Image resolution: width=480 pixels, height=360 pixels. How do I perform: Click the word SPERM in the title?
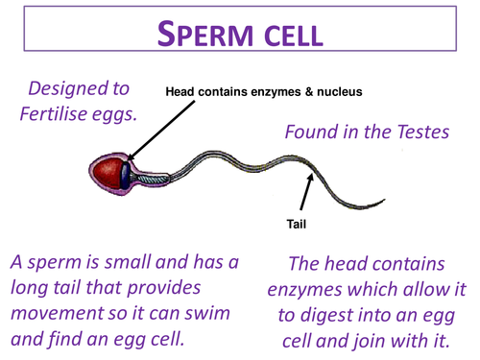pyautogui.click(x=205, y=34)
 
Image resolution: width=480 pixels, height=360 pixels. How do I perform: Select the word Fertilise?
pyautogui.click(x=54, y=113)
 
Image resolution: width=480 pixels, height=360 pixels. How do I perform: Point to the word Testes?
pyautogui.click(x=423, y=132)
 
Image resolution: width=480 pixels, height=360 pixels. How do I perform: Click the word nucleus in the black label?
pyautogui.click(x=340, y=92)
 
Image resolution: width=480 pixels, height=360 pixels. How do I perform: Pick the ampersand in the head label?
pyautogui.click(x=309, y=92)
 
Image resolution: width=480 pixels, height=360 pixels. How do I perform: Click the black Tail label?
pyautogui.click(x=297, y=224)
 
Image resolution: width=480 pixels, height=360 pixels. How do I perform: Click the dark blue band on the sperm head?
pyautogui.click(x=125, y=176)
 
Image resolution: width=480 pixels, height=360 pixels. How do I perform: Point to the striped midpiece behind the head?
pyautogui.click(x=154, y=179)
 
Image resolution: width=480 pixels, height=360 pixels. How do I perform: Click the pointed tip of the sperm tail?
pyautogui.click(x=385, y=200)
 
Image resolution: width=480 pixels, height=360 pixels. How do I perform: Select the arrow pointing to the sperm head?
pyautogui.click(x=160, y=131)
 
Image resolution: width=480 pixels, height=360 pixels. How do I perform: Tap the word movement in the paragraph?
pyautogui.click(x=58, y=313)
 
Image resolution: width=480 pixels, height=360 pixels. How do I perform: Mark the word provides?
pyautogui.click(x=164, y=288)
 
